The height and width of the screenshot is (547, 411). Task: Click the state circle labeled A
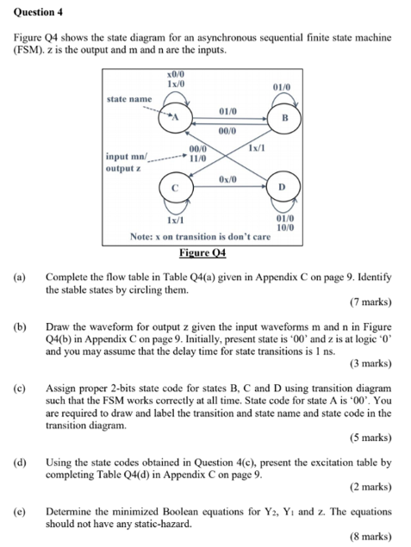(177, 117)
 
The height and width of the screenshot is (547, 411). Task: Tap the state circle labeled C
(176, 187)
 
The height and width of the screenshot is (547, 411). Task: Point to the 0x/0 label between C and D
(227, 178)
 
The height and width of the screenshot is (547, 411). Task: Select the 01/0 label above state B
(281, 88)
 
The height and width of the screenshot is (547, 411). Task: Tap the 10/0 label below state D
(283, 227)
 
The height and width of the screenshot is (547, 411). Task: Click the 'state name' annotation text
(128, 99)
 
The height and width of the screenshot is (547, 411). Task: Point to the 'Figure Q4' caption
(202, 252)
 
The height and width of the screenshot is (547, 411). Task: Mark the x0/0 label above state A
(177, 77)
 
